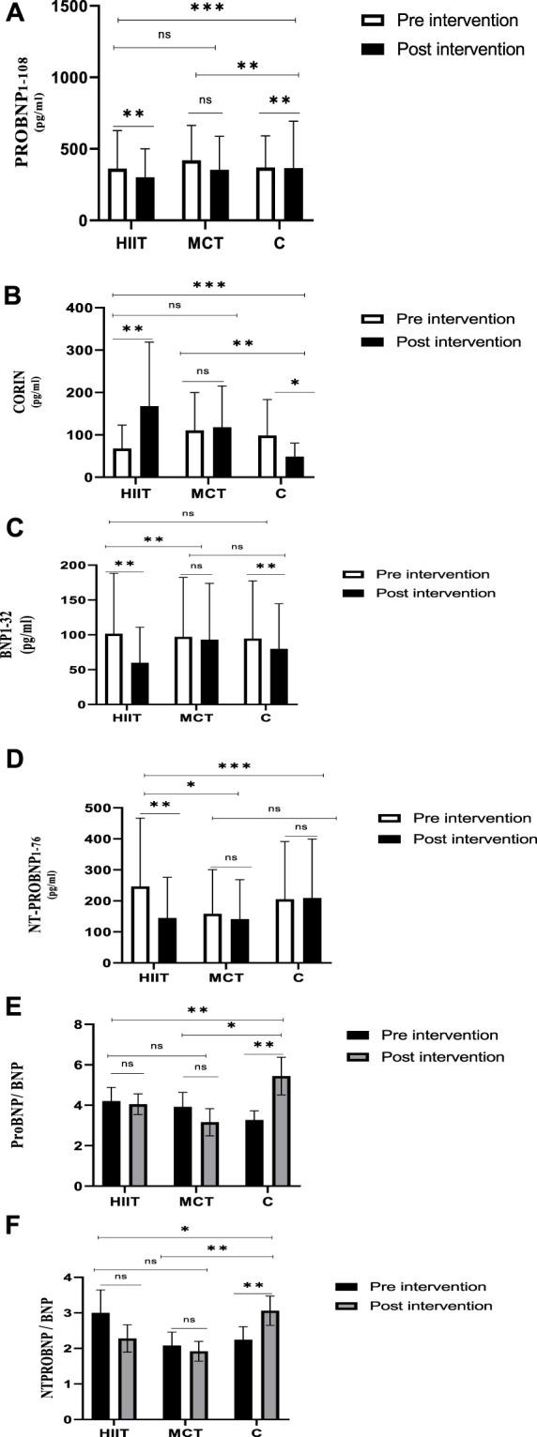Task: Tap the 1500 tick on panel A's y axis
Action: [x=72, y=7]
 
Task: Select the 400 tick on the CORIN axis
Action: [x=84, y=308]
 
